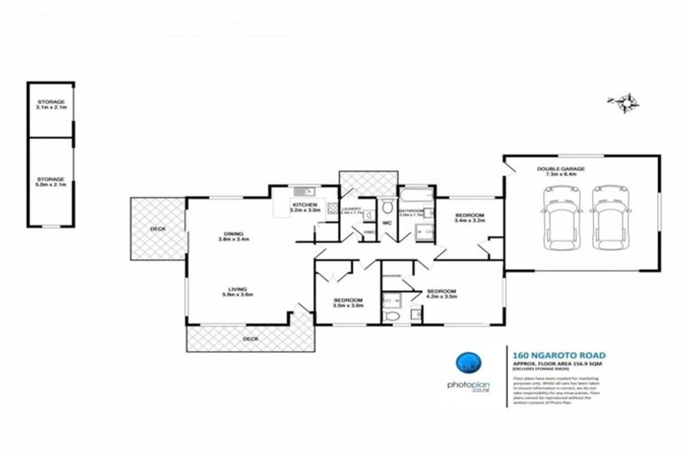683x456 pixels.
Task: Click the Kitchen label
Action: click(x=305, y=207)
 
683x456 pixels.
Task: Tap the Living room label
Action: click(x=237, y=291)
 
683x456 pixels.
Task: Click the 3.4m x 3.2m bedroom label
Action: click(x=469, y=218)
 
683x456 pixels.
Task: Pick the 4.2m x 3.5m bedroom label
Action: click(x=441, y=294)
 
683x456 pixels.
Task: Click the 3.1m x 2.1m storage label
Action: click(x=51, y=105)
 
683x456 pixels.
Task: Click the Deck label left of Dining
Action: click(x=157, y=230)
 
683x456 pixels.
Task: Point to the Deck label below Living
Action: click(x=251, y=339)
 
